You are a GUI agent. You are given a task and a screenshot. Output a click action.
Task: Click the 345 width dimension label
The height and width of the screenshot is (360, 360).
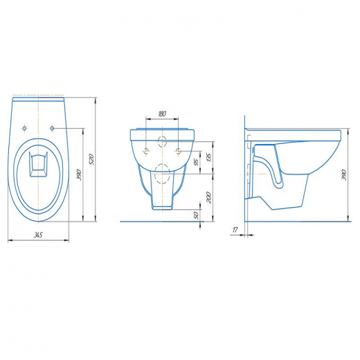click(38, 235)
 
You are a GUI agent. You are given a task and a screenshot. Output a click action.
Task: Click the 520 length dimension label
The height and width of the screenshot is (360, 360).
click(91, 159)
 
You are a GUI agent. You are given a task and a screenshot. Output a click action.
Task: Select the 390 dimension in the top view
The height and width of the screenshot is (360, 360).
click(79, 175)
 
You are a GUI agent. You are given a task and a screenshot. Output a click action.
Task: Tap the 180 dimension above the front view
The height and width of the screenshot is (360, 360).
click(162, 114)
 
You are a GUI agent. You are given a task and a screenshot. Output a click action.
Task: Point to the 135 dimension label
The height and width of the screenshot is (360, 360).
click(208, 156)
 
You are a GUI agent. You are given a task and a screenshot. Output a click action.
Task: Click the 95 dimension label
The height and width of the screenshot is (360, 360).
click(196, 162)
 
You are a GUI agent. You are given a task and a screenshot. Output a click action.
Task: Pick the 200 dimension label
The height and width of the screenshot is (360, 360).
click(208, 197)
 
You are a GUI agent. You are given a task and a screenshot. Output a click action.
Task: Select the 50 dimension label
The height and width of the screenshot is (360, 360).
click(196, 215)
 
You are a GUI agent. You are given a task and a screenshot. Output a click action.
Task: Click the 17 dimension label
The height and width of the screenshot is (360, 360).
click(235, 230)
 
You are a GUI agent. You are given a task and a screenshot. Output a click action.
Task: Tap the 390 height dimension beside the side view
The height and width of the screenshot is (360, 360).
click(343, 175)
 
